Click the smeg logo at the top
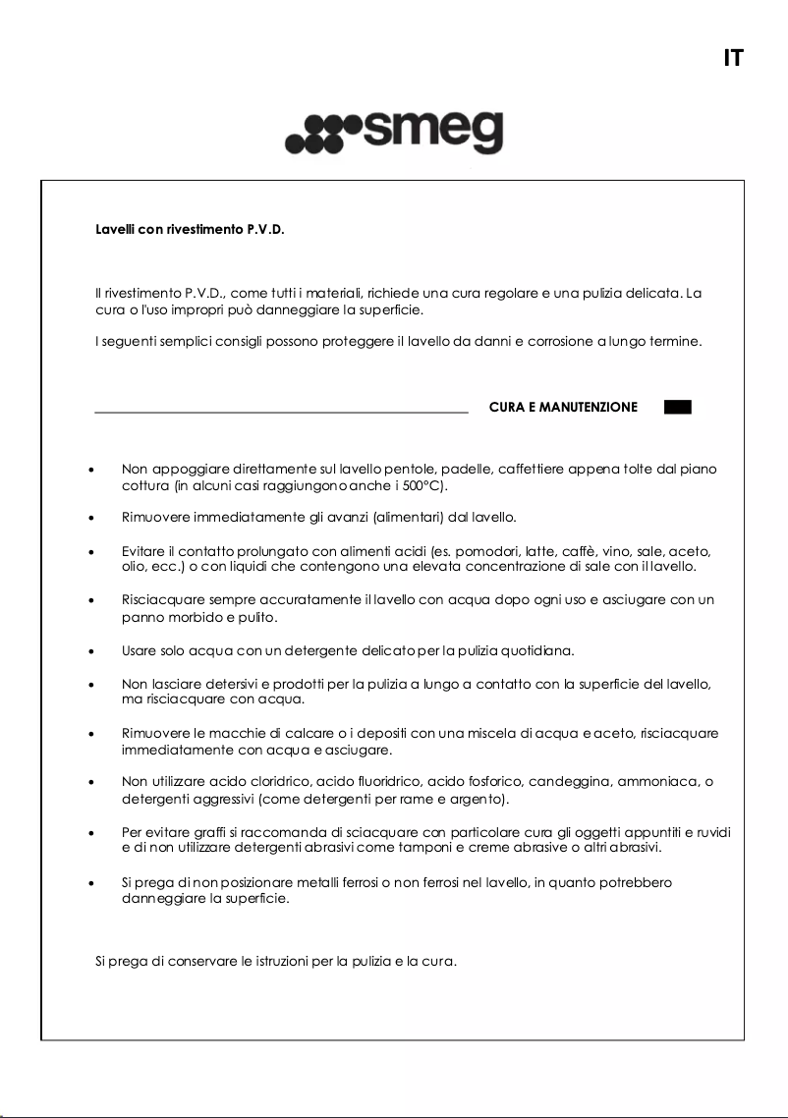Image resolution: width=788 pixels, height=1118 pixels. [394, 135]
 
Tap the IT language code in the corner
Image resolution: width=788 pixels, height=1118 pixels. [732, 58]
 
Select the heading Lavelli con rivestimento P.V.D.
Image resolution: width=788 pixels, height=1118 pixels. [190, 231]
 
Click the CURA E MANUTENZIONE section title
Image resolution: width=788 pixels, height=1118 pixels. [563, 407]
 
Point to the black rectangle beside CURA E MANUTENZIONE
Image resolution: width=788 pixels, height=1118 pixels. [678, 407]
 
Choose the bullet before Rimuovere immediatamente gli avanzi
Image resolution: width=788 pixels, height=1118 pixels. [91, 517]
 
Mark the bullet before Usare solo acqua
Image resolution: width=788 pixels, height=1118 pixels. [91, 651]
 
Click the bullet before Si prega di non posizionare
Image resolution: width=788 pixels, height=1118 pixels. [91, 884]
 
